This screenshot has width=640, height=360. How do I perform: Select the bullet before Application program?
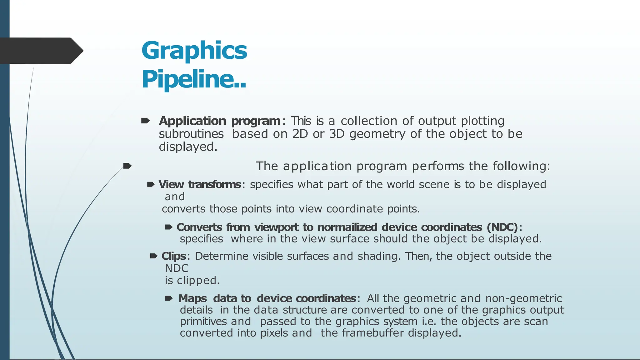[145, 121]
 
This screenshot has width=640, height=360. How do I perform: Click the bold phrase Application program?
[220, 121]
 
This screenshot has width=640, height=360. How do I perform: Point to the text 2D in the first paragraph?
[300, 134]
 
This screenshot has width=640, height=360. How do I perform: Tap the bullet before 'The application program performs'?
[127, 166]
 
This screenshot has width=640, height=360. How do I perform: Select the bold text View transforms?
[200, 184]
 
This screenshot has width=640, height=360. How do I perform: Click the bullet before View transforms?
[151, 184]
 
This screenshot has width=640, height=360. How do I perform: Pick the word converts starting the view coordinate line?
[183, 209]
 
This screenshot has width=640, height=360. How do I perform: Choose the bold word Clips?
[174, 256]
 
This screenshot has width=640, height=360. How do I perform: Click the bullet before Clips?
[154, 256]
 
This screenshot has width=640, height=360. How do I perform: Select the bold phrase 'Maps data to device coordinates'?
[267, 298]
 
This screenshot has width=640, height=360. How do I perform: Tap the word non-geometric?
[523, 298]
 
